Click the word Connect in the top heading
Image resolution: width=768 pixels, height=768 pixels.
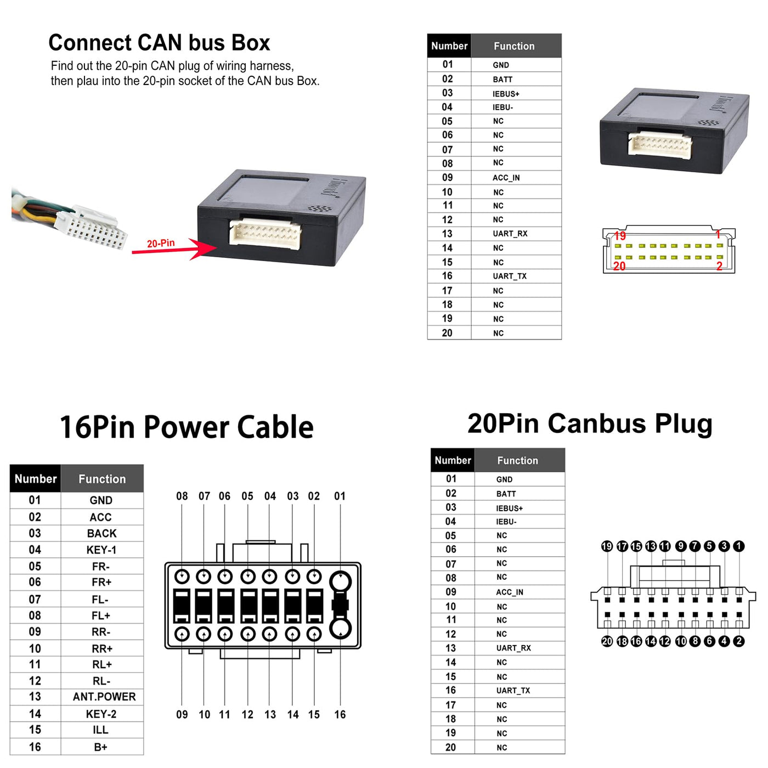coord(89,43)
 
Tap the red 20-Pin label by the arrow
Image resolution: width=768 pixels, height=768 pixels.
coord(161,243)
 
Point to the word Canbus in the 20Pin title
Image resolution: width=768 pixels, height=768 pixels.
coord(597,423)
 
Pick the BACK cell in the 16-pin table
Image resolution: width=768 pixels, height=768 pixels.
coord(101,533)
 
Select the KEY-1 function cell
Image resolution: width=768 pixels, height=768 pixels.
coord(101,550)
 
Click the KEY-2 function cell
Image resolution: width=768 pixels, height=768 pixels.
coord(101,714)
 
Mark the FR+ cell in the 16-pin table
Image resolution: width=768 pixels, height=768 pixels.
coord(101,582)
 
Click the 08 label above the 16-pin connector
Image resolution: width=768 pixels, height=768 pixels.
coord(182,496)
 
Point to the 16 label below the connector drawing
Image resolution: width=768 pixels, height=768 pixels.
coord(340,715)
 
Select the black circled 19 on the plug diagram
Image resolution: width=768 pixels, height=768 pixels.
coord(607,546)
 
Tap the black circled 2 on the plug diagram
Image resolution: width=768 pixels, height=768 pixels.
coord(738,641)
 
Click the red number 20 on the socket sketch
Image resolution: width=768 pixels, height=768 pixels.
coord(619,266)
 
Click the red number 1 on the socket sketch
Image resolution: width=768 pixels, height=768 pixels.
coord(718,234)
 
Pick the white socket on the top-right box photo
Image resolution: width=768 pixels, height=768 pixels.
coord(659,144)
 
